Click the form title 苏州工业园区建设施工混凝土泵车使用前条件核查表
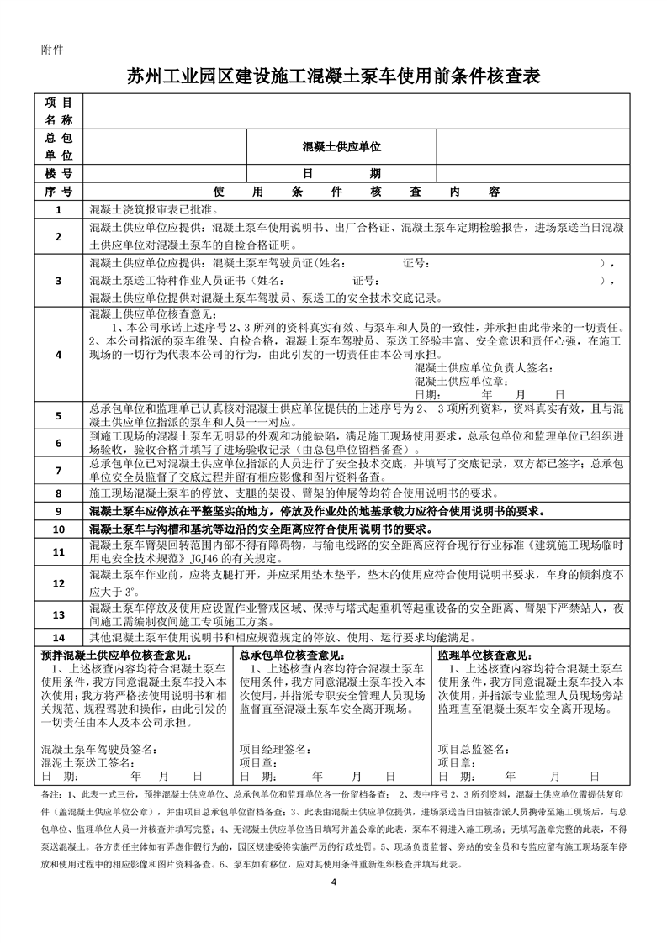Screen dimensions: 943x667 tap(333, 76)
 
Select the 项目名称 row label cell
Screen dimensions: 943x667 tap(59, 112)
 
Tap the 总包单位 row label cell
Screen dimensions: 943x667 tap(59, 146)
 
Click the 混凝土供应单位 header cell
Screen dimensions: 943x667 tap(342, 146)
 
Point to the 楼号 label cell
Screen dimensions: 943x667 tap(59, 173)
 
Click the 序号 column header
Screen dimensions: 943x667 tap(59, 192)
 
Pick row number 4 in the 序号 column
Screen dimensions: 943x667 tap(59, 355)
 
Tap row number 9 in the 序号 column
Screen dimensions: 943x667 tap(59, 511)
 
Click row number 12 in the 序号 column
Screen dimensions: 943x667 tap(59, 582)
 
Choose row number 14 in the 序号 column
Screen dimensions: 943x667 tap(59, 637)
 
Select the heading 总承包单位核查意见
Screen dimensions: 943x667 tap(292, 655)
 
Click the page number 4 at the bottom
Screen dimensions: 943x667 tap(334, 882)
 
